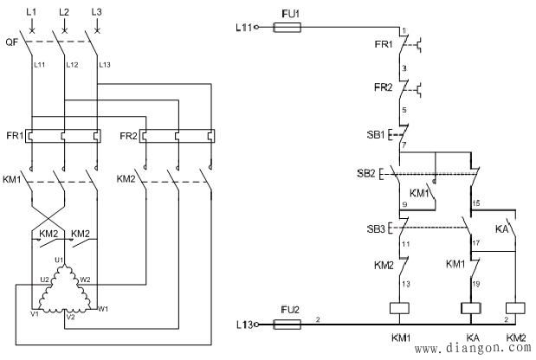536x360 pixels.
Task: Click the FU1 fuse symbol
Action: tap(287, 28)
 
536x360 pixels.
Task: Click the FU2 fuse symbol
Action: tap(287, 325)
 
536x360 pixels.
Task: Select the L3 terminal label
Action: tap(95, 12)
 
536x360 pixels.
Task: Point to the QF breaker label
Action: tap(11, 41)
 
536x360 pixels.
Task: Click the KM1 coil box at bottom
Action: tap(401, 308)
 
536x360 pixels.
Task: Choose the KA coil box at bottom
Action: tap(471, 308)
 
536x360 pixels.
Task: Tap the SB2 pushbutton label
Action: tap(366, 174)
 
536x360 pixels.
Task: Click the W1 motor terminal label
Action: tap(104, 308)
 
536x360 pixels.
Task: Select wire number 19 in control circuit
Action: tap(476, 283)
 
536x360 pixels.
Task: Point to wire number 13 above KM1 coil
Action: tap(405, 283)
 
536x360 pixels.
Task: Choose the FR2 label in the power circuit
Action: tap(127, 136)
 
